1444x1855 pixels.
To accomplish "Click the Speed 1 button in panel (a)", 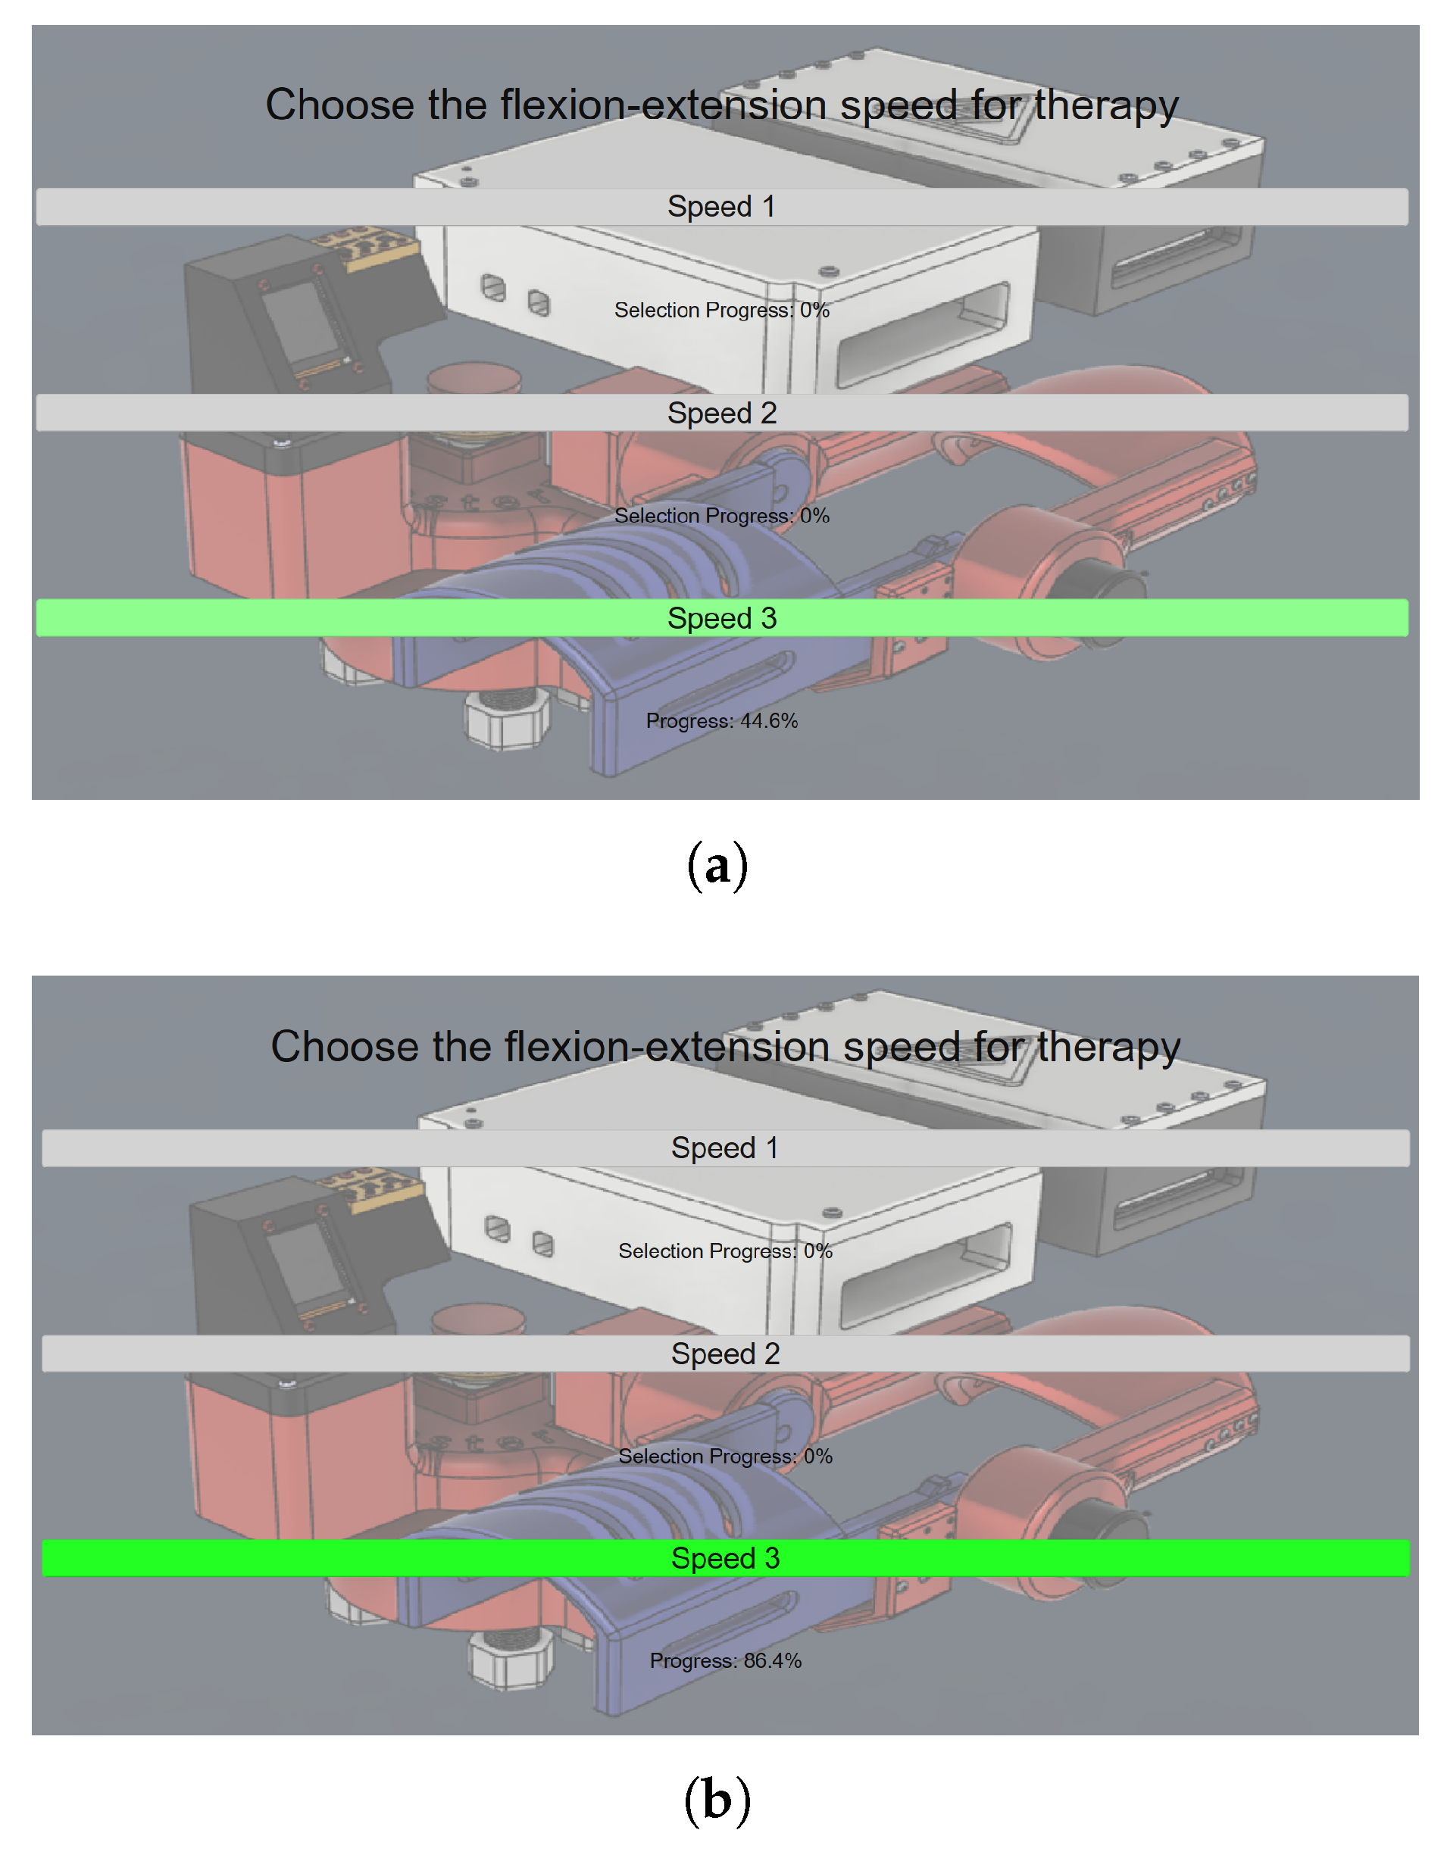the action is point(722,206).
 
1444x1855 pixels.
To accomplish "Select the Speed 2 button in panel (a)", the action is point(722,413).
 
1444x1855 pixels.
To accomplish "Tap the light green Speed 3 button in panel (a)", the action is point(722,618).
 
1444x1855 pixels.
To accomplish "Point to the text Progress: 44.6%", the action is point(722,721).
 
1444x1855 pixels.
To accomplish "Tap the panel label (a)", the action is point(717,867).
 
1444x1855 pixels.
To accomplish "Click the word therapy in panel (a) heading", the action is point(1106,106).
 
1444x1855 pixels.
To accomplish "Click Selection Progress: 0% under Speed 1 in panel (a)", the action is point(722,310).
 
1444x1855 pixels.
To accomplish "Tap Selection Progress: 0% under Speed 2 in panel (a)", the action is point(722,516).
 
